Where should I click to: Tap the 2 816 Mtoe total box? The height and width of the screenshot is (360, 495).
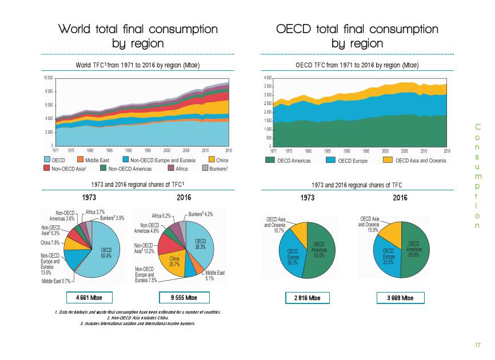point(308,298)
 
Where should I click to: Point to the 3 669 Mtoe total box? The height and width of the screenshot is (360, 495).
point(401,298)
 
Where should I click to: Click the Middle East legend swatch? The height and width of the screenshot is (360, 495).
point(81,159)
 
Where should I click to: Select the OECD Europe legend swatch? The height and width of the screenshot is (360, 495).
point(330,161)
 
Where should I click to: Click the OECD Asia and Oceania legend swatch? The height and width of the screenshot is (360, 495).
point(388,161)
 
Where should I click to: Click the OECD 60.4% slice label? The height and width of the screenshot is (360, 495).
point(107,253)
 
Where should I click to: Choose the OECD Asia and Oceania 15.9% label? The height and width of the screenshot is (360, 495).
point(369,225)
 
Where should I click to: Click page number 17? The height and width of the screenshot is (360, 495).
point(478,345)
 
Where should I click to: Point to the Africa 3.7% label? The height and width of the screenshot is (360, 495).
point(94,211)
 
